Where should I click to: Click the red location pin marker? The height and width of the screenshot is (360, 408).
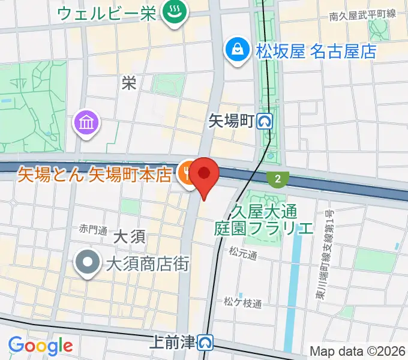click(205, 175)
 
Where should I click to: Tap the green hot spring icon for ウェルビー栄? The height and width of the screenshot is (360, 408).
click(175, 13)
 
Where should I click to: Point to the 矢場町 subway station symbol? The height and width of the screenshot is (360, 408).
click(265, 122)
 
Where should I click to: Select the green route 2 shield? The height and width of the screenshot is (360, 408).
click(278, 178)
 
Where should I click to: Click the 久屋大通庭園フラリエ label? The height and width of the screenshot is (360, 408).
click(264, 220)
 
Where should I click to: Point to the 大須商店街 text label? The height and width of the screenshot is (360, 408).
click(148, 263)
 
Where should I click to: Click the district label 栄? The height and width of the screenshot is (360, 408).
click(128, 83)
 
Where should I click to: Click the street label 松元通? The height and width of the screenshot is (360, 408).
click(242, 256)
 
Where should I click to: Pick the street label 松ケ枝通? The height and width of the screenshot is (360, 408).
click(243, 304)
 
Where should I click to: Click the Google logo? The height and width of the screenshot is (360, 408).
click(40, 346)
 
